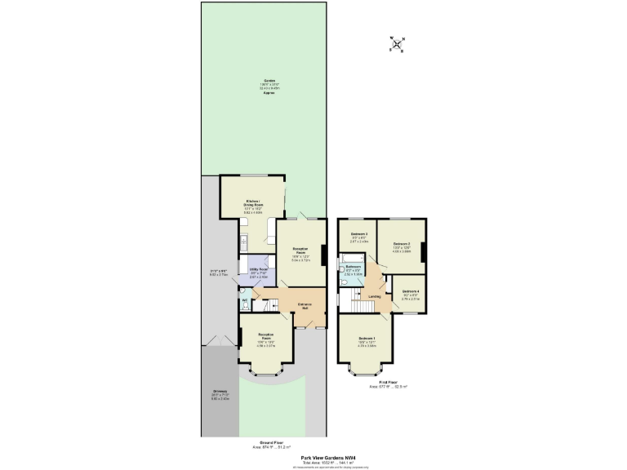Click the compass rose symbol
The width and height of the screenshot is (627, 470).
pyautogui.click(x=397, y=44)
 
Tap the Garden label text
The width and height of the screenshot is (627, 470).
pyautogui.click(x=269, y=81)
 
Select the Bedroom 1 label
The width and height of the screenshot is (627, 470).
pyautogui.click(x=367, y=338)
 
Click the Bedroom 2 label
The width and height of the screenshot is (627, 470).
pyautogui.click(x=401, y=244)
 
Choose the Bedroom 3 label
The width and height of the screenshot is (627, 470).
pyautogui.click(x=356, y=235)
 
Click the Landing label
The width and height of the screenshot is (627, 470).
pyautogui.click(x=374, y=296)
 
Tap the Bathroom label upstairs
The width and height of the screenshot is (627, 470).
pyautogui.click(x=353, y=267)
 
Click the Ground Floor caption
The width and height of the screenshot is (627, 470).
pyautogui.click(x=269, y=443)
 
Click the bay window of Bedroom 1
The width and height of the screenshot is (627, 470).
pyautogui.click(x=363, y=371)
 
